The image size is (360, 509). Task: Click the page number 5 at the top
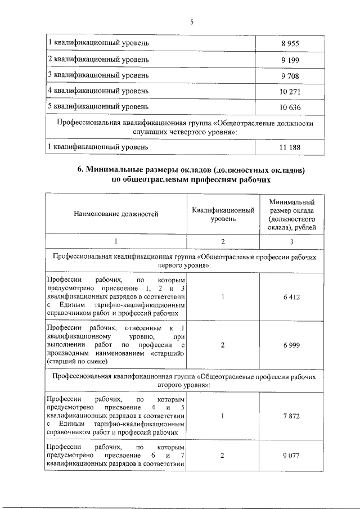[x=191, y=22]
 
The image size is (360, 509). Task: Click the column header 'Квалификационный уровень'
[x=223, y=214]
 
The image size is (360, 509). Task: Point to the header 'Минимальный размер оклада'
[x=291, y=206]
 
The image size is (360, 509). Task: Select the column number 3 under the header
[x=291, y=241]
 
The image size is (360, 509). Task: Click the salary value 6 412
[x=291, y=298]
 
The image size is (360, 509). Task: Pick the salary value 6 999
[x=291, y=345]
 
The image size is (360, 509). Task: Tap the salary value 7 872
[x=291, y=416]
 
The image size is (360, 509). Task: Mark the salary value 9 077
[x=291, y=456]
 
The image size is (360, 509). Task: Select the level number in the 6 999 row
[x=223, y=345]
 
